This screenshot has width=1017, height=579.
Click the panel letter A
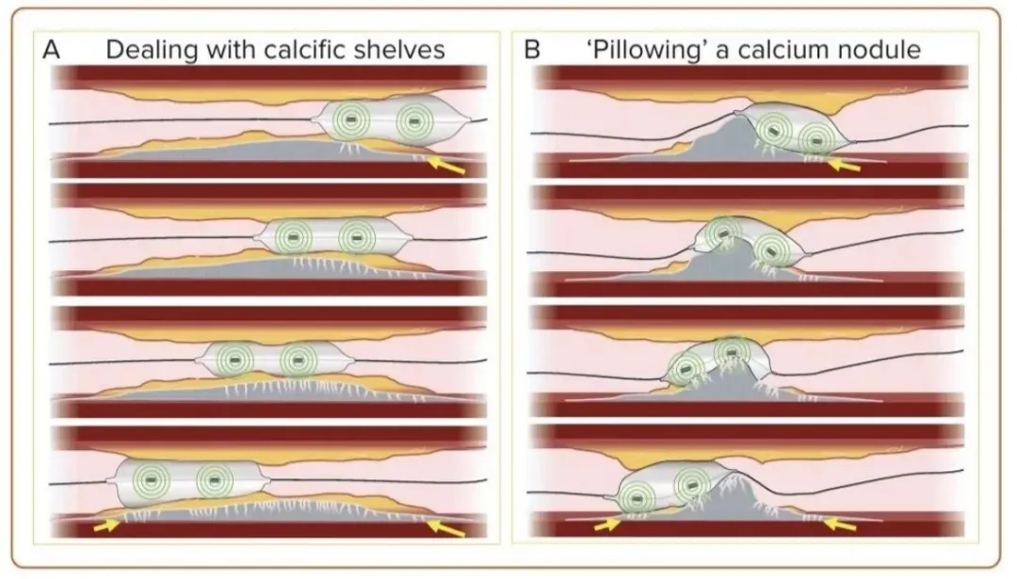(53, 50)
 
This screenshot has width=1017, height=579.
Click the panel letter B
(532, 50)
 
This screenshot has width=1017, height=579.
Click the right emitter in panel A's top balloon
(412, 121)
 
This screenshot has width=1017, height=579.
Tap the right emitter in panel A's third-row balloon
(298, 359)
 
